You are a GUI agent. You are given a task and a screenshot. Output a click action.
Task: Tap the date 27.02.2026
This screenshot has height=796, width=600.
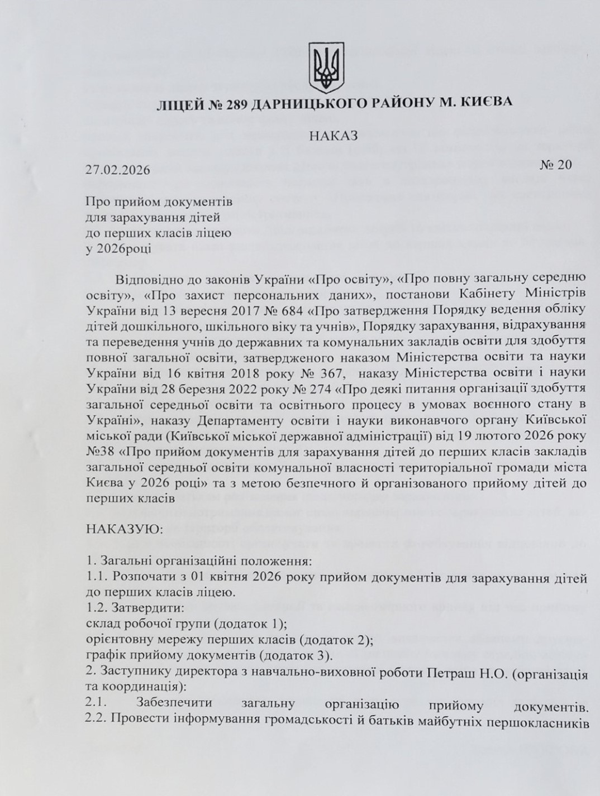[118, 170]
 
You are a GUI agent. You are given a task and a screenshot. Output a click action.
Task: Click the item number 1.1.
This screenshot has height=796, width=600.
[96, 576]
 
